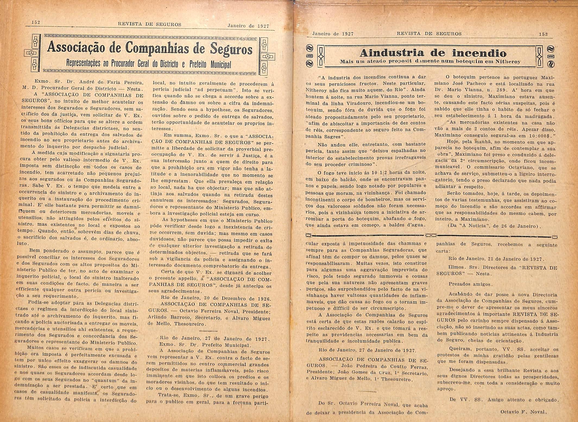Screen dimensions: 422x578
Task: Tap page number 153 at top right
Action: (543, 34)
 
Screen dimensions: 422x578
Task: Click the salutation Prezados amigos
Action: (470, 284)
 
